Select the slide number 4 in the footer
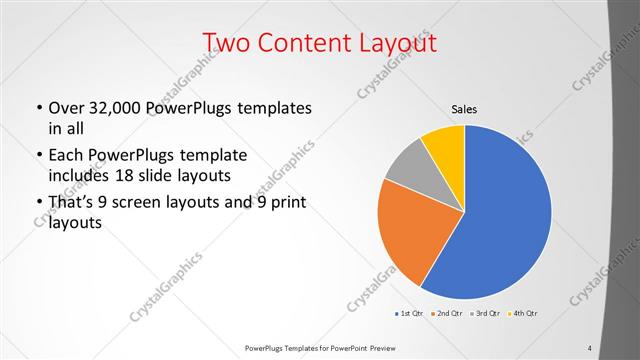[589, 348]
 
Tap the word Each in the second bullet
[66, 156]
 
